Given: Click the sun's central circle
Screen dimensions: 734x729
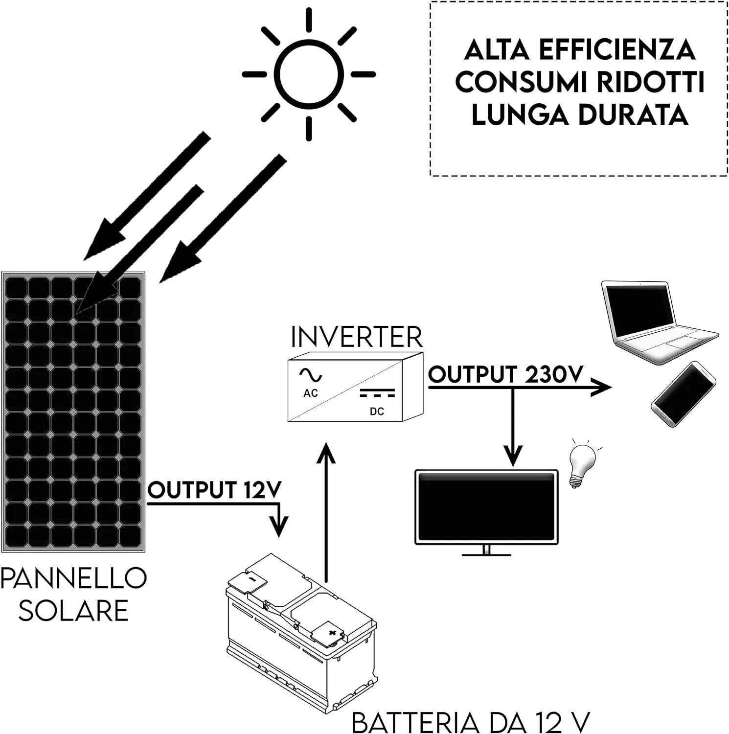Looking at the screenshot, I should click(x=309, y=75).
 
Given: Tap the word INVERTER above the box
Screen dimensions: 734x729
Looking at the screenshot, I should click(x=356, y=337).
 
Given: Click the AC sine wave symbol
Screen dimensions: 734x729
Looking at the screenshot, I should click(x=311, y=375).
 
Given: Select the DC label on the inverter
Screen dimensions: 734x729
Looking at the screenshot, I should click(x=377, y=412).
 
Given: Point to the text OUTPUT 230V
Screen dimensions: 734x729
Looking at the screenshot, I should click(x=505, y=375).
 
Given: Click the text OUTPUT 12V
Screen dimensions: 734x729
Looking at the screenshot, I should click(x=214, y=490).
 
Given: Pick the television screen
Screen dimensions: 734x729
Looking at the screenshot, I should click(x=486, y=506).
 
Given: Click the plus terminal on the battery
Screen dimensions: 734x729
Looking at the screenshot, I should click(x=332, y=633).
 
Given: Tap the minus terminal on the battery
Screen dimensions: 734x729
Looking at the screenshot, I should click(x=253, y=579).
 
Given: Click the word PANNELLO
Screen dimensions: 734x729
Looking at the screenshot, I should click(x=73, y=578).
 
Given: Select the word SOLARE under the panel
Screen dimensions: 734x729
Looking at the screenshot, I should click(x=73, y=611).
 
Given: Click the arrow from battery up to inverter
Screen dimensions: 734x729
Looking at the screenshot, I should click(x=325, y=514).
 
